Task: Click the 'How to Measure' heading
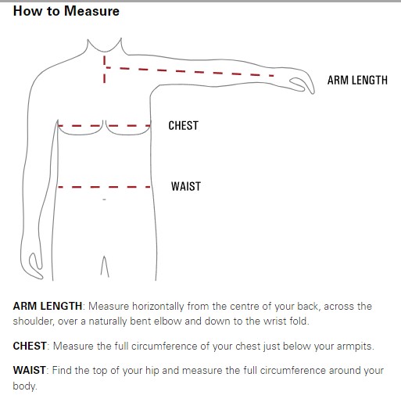(x=66, y=12)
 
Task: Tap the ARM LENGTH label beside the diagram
(x=357, y=81)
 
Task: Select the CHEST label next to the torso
(x=184, y=126)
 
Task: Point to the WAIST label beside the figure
(x=186, y=187)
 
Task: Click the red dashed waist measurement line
(x=104, y=187)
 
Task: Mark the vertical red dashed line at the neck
(x=105, y=70)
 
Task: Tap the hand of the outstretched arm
(x=303, y=83)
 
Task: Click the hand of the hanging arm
(x=34, y=264)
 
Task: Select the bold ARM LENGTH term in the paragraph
(x=48, y=306)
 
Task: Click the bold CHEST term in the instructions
(x=30, y=346)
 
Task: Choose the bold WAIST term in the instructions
(x=29, y=370)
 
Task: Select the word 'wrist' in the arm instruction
(x=275, y=321)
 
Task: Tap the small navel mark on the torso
(x=104, y=199)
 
